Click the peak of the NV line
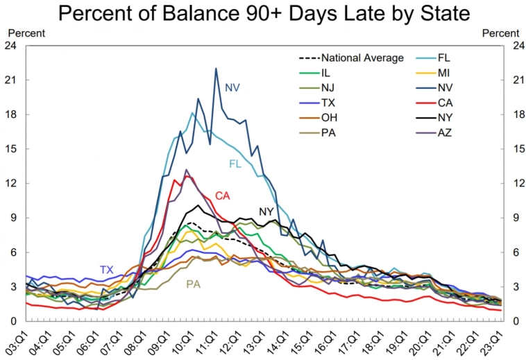click(216, 69)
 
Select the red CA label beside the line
click(222, 196)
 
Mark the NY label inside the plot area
click(266, 212)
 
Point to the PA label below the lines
click(194, 284)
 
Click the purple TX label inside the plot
click(106, 270)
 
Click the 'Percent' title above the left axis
click(26, 33)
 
